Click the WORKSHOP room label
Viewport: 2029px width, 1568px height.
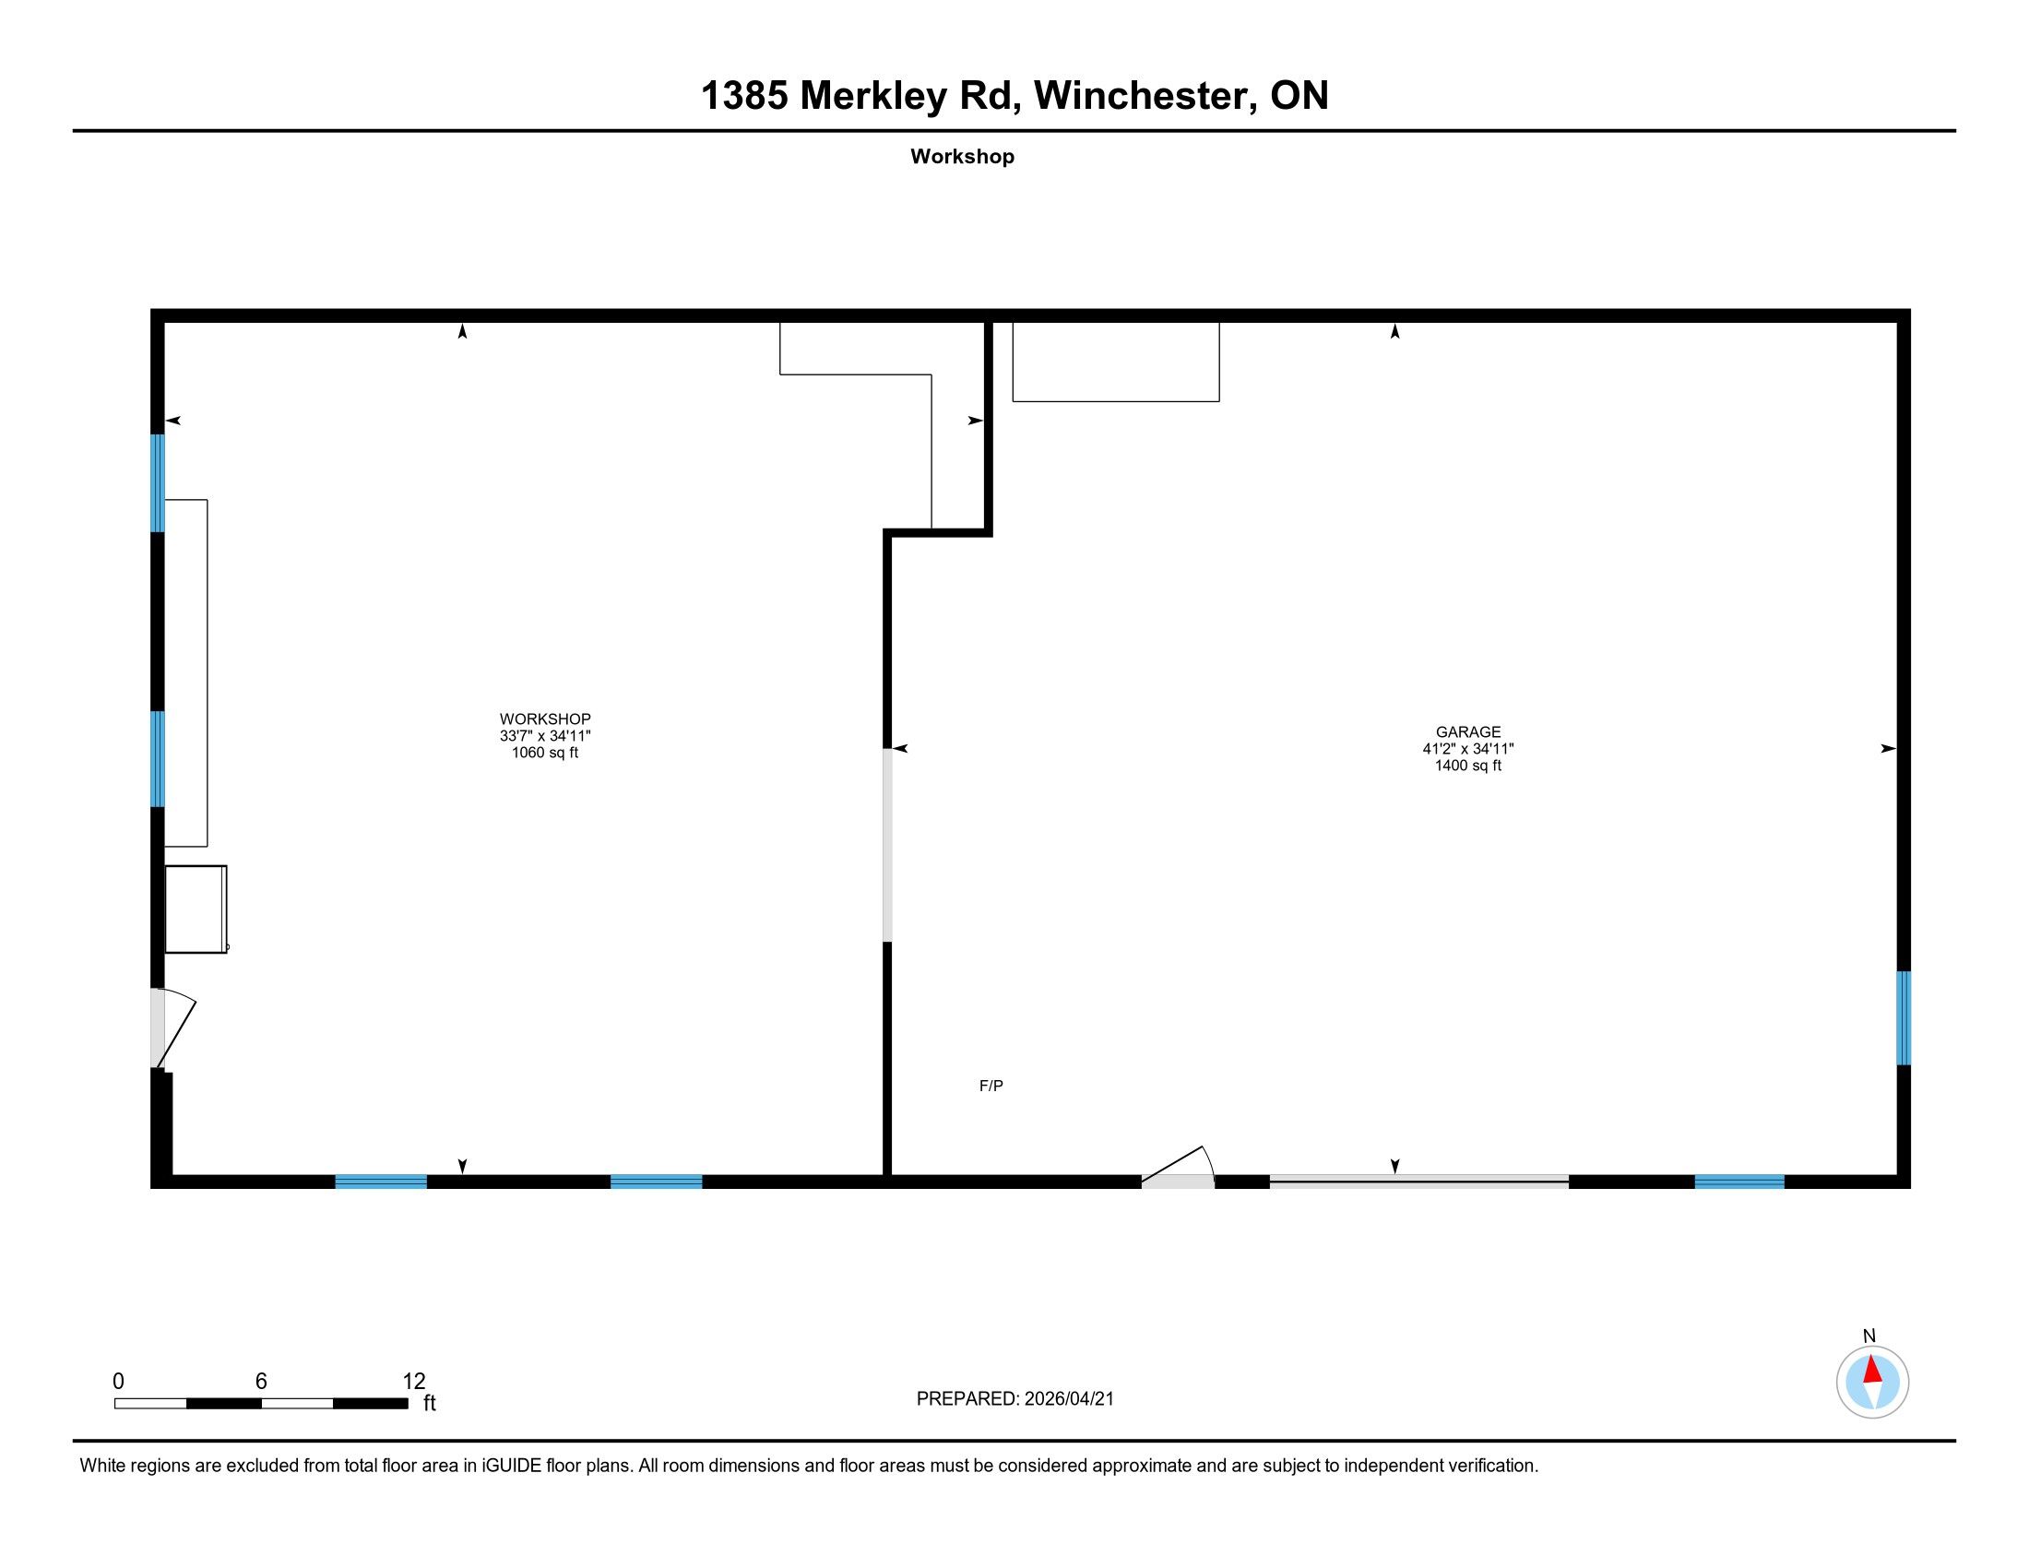tap(544, 718)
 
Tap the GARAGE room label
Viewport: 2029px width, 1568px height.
tap(1468, 731)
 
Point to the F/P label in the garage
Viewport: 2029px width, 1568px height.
tap(991, 1085)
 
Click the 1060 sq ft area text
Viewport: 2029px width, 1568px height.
tap(544, 753)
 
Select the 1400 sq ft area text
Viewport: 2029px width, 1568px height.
tap(1468, 766)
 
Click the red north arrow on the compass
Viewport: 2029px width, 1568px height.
tap(1872, 1370)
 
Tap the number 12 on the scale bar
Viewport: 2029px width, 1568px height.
tap(413, 1381)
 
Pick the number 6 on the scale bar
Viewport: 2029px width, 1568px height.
tap(261, 1381)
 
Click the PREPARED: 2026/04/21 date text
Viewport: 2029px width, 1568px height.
tap(1014, 1398)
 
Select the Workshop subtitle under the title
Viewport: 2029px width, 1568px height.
tap(962, 156)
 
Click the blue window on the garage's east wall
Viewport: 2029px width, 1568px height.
tap(1903, 1018)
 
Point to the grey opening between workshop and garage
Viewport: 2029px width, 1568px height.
tap(887, 845)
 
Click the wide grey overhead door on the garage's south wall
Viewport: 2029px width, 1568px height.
tap(1418, 1181)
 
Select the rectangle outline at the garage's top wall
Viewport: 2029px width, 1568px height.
tap(1115, 362)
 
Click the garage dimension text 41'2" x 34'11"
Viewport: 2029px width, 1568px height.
tap(1468, 749)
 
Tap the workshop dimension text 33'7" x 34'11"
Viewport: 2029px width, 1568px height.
tap(544, 736)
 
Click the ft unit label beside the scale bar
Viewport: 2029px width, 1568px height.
tap(429, 1403)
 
